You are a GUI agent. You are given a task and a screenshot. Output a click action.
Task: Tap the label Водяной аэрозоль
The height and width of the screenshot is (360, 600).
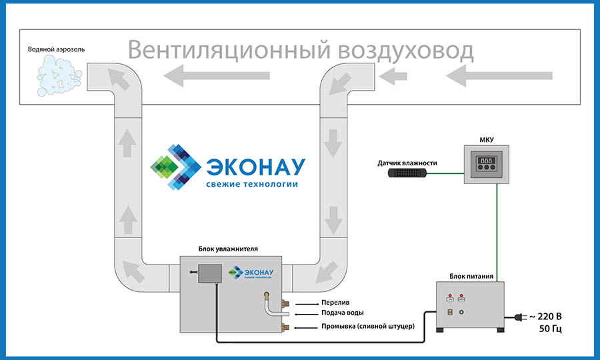tap(57, 49)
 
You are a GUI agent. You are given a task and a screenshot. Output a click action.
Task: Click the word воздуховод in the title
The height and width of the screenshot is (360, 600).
tap(407, 51)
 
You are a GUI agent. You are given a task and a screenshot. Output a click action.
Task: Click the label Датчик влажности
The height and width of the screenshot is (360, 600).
tap(407, 162)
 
